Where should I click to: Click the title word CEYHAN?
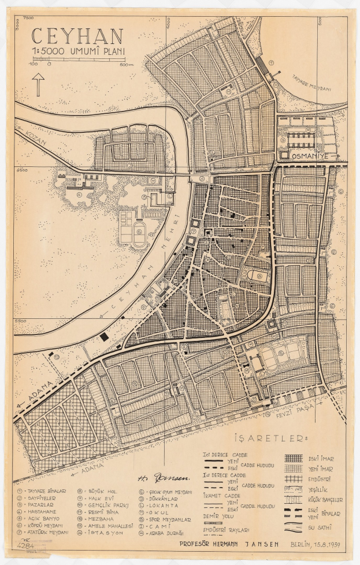77,36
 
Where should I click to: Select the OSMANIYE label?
311,157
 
